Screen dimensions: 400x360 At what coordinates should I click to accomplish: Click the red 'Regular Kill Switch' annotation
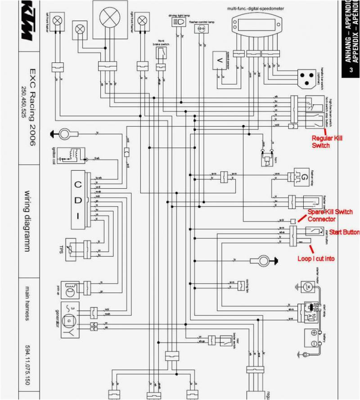pyautogui.click(x=327, y=142)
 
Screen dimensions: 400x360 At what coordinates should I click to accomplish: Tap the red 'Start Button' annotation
pyautogui.click(x=344, y=232)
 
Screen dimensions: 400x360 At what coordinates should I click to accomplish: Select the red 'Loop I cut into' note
pyautogui.click(x=316, y=259)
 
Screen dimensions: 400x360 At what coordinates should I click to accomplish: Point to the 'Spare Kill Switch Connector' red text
pyautogui.click(x=328, y=215)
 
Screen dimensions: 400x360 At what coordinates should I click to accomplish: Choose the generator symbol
pyautogui.click(x=69, y=321)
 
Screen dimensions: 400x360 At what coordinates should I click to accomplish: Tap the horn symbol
pyautogui.click(x=268, y=158)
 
